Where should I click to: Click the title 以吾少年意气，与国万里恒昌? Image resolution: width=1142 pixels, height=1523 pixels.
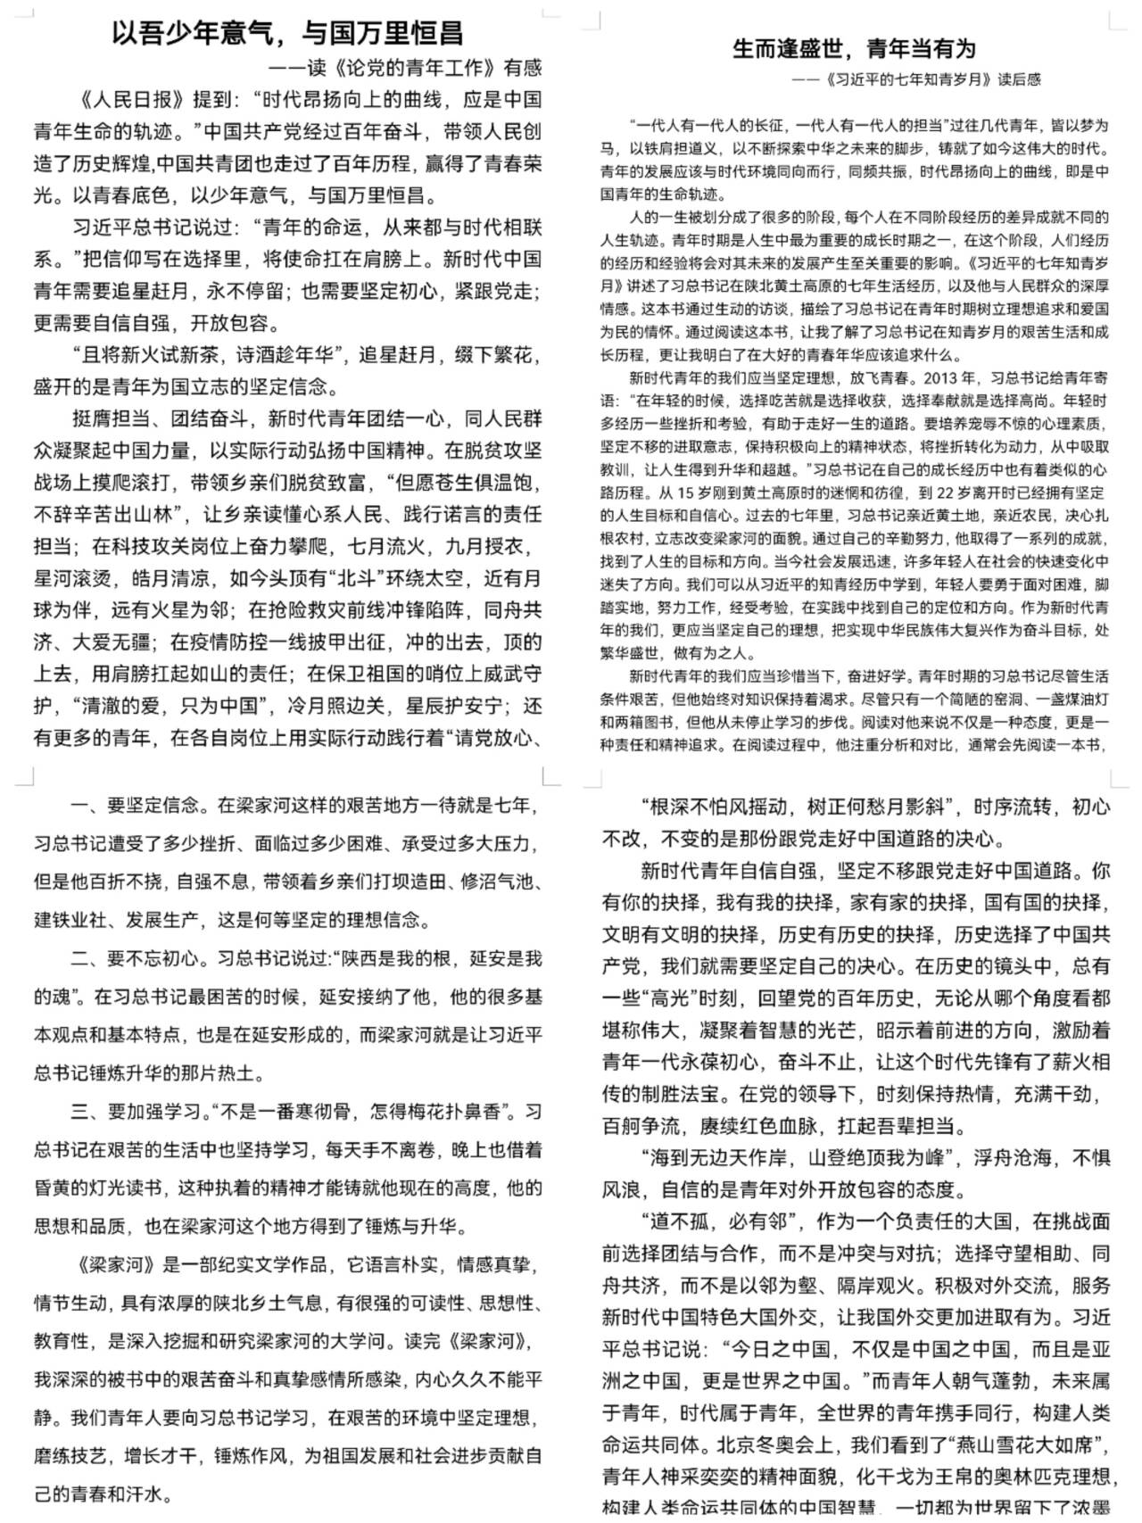(x=287, y=34)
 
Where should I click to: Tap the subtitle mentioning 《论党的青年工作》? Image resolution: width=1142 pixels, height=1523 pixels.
(x=405, y=68)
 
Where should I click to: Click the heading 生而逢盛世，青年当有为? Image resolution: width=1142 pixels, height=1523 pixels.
(x=854, y=48)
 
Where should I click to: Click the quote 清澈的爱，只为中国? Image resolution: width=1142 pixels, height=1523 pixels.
(x=178, y=707)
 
